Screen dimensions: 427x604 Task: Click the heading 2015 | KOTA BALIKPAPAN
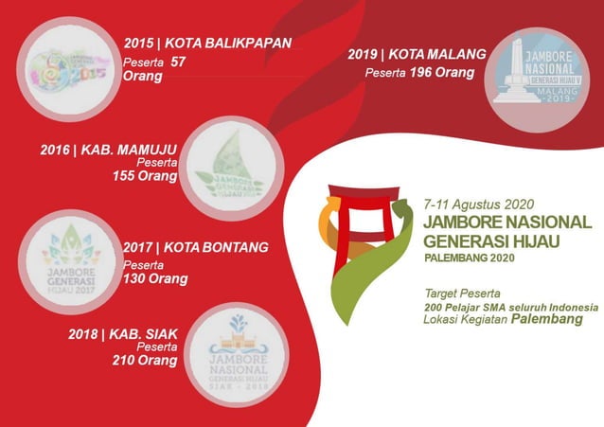coord(207,43)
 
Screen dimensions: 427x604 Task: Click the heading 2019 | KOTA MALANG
coord(417,55)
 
